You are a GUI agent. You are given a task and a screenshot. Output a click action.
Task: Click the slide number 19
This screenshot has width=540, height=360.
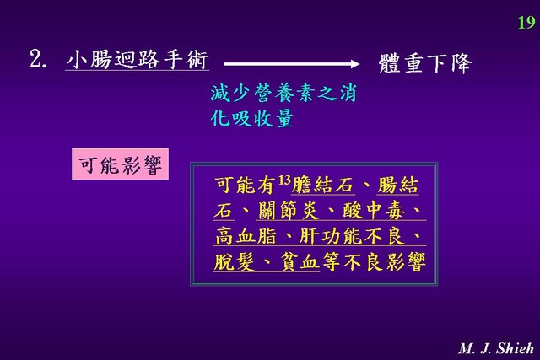526,23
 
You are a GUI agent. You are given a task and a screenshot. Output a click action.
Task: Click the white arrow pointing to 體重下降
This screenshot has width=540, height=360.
291,64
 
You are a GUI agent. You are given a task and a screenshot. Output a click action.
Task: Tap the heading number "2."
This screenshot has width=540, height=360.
38,59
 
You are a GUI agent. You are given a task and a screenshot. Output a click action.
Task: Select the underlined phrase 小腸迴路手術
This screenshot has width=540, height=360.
137,60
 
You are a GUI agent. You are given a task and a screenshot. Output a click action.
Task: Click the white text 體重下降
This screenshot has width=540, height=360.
425,63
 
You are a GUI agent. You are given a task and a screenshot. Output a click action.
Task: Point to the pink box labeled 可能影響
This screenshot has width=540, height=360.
120,164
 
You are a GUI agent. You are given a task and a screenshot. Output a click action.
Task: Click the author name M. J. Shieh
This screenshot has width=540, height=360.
497,348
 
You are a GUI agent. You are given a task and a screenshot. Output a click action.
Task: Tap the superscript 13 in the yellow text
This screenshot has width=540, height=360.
284,180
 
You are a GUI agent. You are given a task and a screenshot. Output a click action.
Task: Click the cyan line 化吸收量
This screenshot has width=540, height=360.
252,118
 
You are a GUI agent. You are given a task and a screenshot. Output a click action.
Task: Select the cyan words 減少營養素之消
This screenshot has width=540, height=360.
283,93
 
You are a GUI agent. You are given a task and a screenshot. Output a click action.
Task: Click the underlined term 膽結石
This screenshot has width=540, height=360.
322,185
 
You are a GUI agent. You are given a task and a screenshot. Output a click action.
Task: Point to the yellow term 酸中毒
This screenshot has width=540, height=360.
374,211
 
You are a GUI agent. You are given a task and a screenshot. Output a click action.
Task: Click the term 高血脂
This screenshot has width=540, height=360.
246,236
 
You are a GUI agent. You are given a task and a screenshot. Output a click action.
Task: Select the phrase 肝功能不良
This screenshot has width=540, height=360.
352,236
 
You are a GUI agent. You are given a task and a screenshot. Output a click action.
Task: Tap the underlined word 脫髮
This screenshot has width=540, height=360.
235,262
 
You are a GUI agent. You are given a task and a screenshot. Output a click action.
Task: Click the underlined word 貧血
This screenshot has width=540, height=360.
300,262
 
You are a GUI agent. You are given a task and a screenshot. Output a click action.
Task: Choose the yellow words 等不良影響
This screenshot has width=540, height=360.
374,262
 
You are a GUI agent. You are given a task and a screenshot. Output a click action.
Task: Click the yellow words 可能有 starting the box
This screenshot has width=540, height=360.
246,185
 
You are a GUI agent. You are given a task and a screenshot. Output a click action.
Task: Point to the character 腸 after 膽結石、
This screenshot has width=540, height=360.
387,185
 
